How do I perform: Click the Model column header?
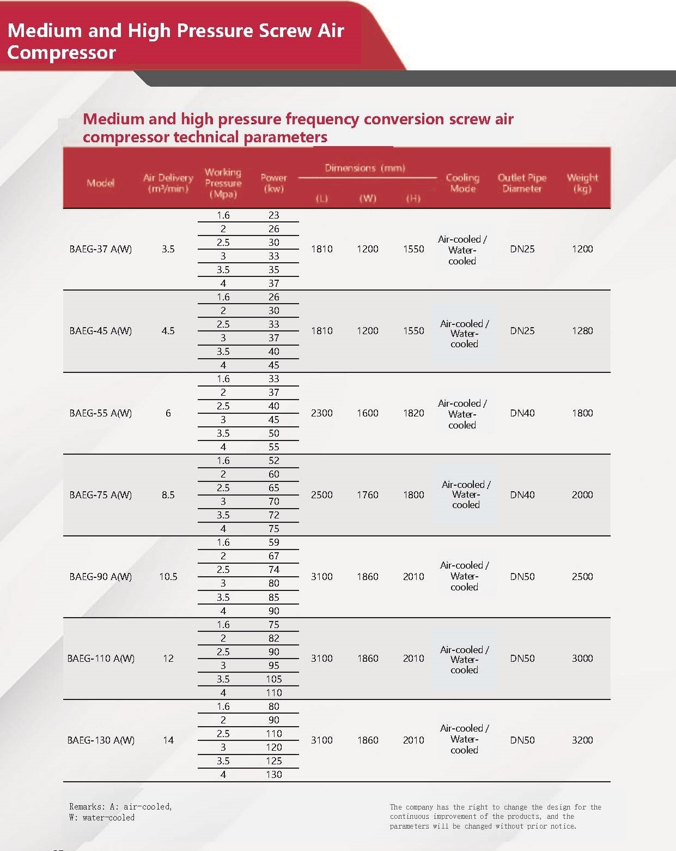pyautogui.click(x=101, y=183)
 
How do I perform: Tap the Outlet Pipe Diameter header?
pyautogui.click(x=522, y=183)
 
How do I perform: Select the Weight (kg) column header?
pyautogui.click(x=582, y=183)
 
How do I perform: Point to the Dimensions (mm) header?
pyautogui.click(x=365, y=168)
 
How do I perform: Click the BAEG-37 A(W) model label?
pyautogui.click(x=101, y=249)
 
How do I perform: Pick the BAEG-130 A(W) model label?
pyautogui.click(x=101, y=740)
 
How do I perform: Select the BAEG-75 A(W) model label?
pyautogui.click(x=101, y=495)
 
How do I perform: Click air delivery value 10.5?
pyautogui.click(x=168, y=577)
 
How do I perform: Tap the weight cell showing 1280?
pyautogui.click(x=582, y=331)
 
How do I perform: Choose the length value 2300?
pyautogui.click(x=321, y=413)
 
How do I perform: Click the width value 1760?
pyautogui.click(x=368, y=495)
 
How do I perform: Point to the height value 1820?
pyautogui.click(x=413, y=413)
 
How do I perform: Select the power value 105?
pyautogui.click(x=274, y=679)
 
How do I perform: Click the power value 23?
pyautogui.click(x=274, y=215)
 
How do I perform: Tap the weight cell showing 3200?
pyautogui.click(x=582, y=740)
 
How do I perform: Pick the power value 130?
pyautogui.click(x=274, y=775)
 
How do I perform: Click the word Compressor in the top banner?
pyautogui.click(x=62, y=52)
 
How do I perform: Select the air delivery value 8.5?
pyautogui.click(x=168, y=495)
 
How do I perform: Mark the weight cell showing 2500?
pyautogui.click(x=582, y=577)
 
